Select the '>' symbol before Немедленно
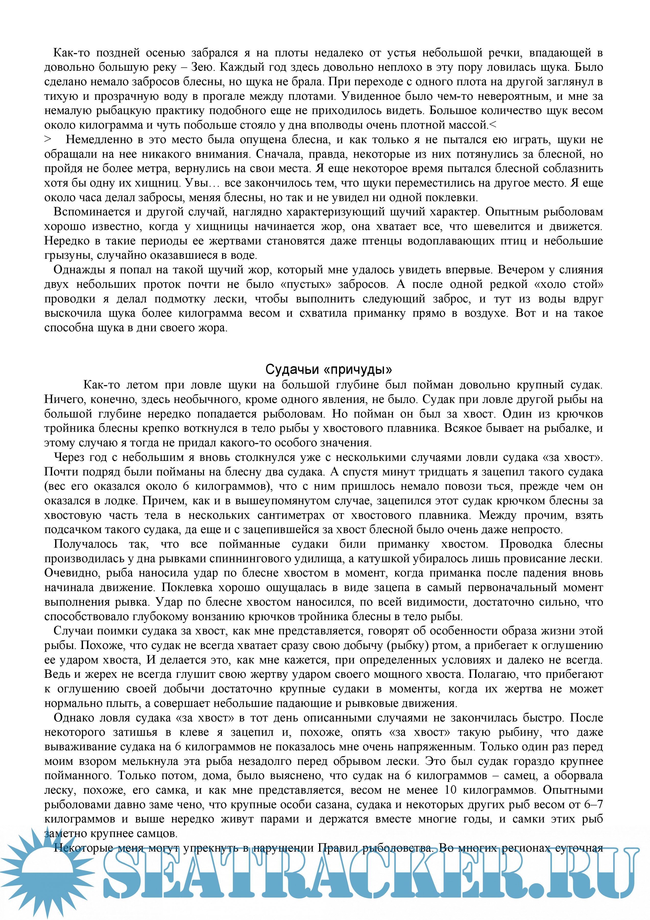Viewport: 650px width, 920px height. pos(48,139)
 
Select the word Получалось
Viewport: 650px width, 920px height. pos(85,544)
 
